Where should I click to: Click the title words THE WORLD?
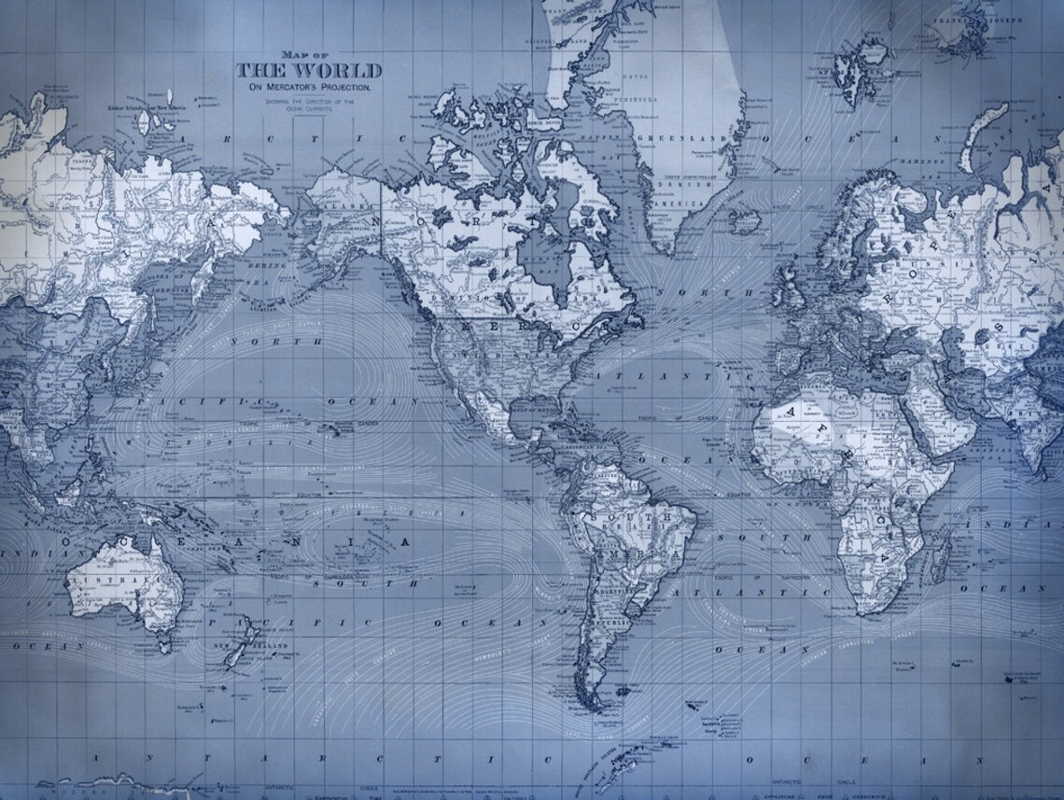pyautogui.click(x=309, y=72)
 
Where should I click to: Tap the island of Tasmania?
pyautogui.click(x=164, y=642)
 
